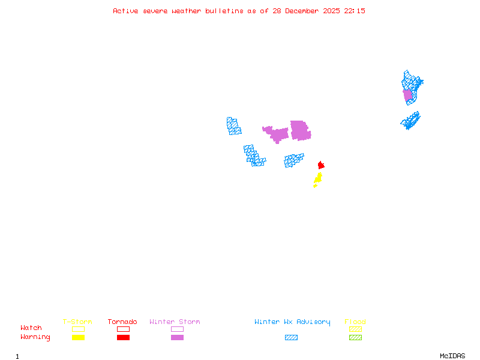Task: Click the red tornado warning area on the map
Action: pyautogui.click(x=321, y=165)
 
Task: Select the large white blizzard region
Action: pyautogui.click(x=263, y=144)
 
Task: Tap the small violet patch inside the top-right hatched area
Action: pyautogui.click(x=408, y=95)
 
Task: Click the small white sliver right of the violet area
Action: pyautogui.click(x=310, y=128)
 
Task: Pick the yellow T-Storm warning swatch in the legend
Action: pyautogui.click(x=78, y=337)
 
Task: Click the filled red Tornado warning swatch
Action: pyautogui.click(x=123, y=337)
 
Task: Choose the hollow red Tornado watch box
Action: pyautogui.click(x=123, y=329)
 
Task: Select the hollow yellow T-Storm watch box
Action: pyautogui.click(x=78, y=329)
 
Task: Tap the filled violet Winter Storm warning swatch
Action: pyautogui.click(x=177, y=337)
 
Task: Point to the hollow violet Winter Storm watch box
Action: pyautogui.click(x=177, y=329)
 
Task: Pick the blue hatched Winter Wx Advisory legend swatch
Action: pyautogui.click(x=291, y=337)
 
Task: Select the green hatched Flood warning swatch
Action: pyautogui.click(x=355, y=337)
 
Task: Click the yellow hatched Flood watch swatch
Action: pyautogui.click(x=355, y=329)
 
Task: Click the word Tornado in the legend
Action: pyautogui.click(x=122, y=322)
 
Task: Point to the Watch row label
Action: pyautogui.click(x=31, y=328)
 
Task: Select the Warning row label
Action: pyautogui.click(x=35, y=337)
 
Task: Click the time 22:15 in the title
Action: pyautogui.click(x=355, y=11)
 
